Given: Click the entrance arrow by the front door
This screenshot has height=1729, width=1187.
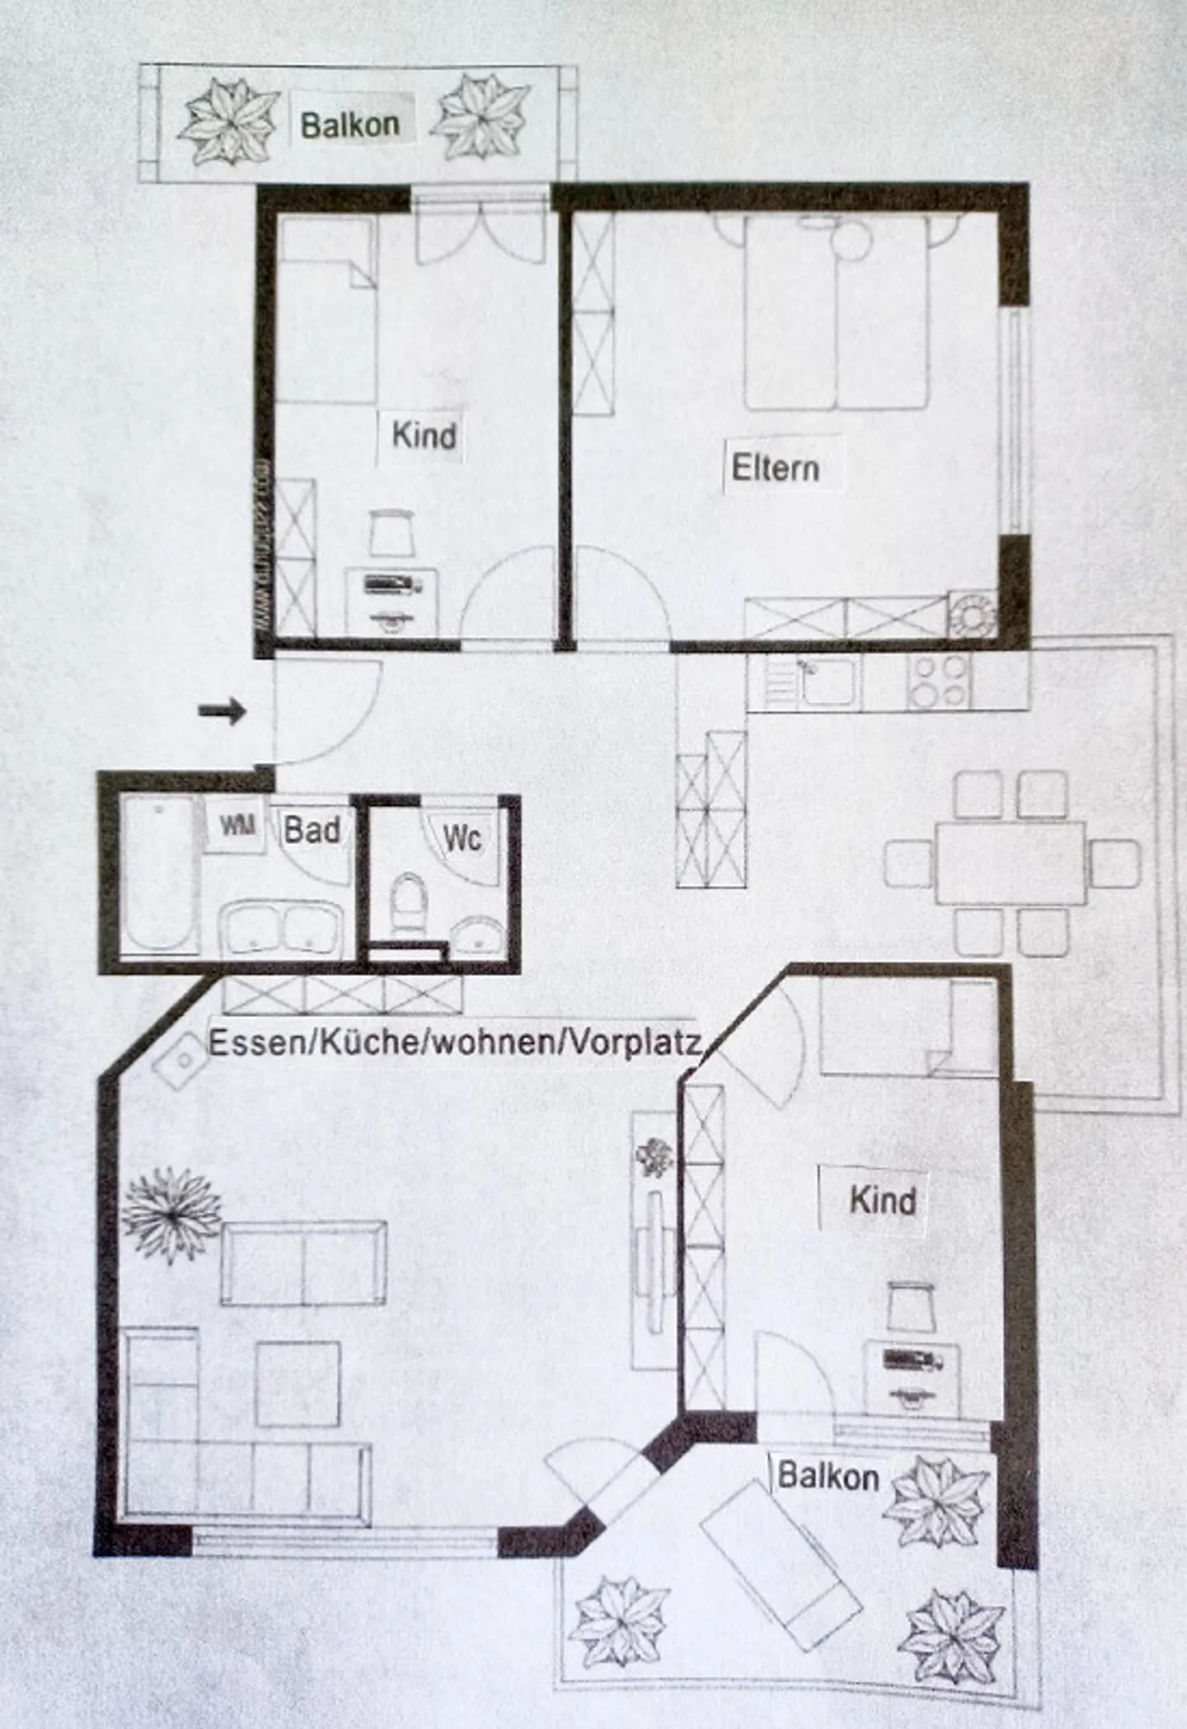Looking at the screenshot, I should (x=223, y=710).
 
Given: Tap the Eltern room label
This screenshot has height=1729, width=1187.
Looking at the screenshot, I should (x=775, y=468).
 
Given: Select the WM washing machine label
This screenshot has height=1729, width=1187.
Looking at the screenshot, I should (x=237, y=825).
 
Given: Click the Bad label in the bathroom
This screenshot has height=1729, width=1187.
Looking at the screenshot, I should (x=312, y=830).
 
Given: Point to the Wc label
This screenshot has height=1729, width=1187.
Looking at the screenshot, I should (x=462, y=838).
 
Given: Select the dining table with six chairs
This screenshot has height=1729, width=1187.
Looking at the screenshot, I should (x=1011, y=863).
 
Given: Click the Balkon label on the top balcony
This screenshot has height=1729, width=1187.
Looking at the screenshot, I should (x=350, y=125).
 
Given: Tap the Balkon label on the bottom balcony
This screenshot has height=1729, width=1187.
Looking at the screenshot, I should (x=828, y=1475).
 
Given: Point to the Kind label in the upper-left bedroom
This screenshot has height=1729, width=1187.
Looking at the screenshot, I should (x=424, y=435).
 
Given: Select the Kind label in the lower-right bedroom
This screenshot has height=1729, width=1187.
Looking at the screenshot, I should (x=883, y=1200).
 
